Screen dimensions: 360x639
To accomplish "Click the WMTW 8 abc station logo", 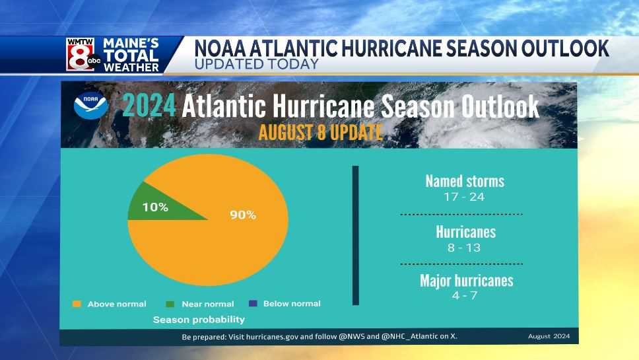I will tap(80, 54).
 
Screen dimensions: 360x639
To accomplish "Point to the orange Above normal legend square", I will tap(77, 304).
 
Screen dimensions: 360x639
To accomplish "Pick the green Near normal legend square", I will tap(170, 304).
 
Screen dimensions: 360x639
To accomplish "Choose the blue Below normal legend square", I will tap(252, 304).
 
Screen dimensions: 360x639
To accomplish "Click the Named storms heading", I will tap(464, 181).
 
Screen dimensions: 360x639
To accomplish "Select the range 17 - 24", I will tap(464, 197).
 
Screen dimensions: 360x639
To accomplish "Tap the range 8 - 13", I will tap(464, 248).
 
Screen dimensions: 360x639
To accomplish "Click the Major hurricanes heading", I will tap(466, 280).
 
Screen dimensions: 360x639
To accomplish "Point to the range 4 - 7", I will tap(464, 295).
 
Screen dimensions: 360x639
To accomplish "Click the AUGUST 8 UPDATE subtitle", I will tap(320, 131).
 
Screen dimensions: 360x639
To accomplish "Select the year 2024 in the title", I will tap(149, 106).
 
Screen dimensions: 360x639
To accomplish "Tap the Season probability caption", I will tap(199, 320).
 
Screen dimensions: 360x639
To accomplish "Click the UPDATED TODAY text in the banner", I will tap(257, 64).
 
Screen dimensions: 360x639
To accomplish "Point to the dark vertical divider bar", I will tap(355, 235).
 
